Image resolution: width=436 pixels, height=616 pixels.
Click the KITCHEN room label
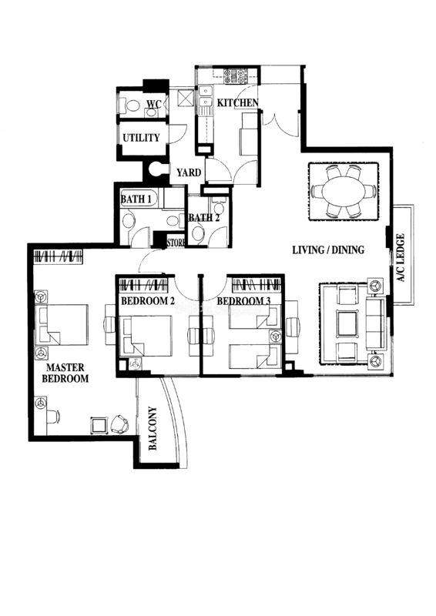click(x=238, y=102)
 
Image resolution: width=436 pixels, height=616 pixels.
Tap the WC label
click(x=154, y=104)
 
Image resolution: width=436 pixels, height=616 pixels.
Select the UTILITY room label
click(x=141, y=138)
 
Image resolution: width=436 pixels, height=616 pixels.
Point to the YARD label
click(x=189, y=172)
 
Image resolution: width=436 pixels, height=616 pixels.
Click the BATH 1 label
click(x=136, y=199)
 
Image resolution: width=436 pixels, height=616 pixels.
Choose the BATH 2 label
click(x=203, y=218)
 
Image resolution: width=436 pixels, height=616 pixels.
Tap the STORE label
click(x=176, y=243)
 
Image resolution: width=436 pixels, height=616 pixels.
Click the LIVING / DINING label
click(x=328, y=249)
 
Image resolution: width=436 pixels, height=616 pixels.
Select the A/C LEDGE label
click(x=401, y=258)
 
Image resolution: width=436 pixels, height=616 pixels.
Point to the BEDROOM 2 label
click(x=148, y=301)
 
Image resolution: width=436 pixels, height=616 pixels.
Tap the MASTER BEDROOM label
click(x=65, y=373)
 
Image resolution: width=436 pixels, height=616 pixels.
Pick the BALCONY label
click(x=153, y=428)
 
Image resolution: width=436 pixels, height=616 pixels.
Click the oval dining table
click(x=344, y=191)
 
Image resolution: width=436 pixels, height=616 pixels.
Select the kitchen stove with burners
click(x=236, y=75)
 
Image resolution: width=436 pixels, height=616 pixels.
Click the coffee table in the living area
click(x=347, y=323)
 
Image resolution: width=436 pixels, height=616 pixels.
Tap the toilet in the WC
click(x=132, y=105)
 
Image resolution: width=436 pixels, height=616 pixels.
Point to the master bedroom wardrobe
click(x=59, y=256)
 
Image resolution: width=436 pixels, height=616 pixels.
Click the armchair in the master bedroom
click(x=119, y=424)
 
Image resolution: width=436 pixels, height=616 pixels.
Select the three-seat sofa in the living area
click(x=375, y=323)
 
